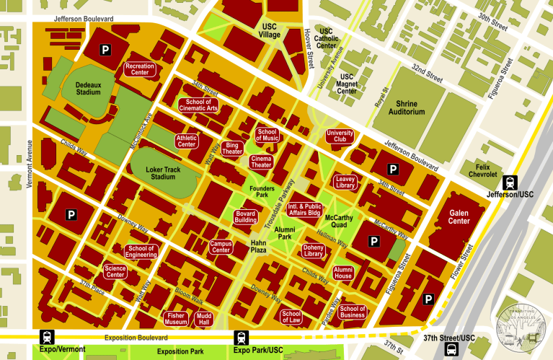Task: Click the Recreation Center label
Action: pos(140,69)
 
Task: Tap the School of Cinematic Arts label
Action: pos(198,105)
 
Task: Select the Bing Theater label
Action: pos(232,149)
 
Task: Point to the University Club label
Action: pos(340,136)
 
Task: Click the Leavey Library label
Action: pos(345,182)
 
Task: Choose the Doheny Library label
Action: pos(314,250)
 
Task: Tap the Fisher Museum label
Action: pos(177,319)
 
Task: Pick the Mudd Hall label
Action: pos(205,319)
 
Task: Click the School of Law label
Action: pos(292,317)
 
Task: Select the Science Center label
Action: pos(115,271)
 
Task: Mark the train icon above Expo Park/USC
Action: pos(240,337)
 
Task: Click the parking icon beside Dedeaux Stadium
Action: pos(105,50)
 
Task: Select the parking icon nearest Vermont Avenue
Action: pos(71,214)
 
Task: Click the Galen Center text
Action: pos(459,216)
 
